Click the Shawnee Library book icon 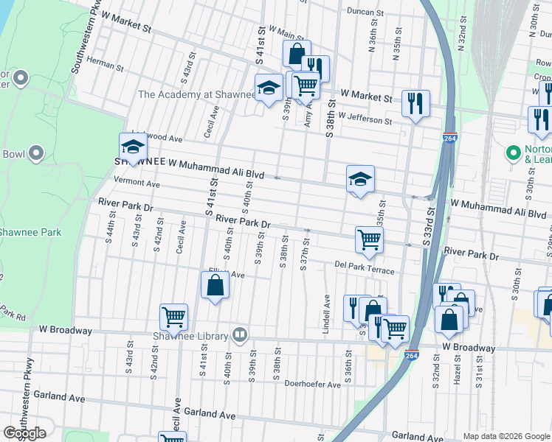coord(239,336)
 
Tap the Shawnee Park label coord(30,233)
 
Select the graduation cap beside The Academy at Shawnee coord(269,88)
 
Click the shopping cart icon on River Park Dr coord(368,238)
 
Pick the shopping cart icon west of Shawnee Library coord(173,317)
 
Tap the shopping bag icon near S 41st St coord(215,285)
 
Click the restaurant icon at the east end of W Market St coord(415,102)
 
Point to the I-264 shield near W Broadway coord(412,355)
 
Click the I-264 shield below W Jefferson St coord(449,138)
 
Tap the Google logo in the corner coord(24,433)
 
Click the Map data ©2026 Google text coord(506,436)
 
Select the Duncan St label coord(366,13)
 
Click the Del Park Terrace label coord(365,267)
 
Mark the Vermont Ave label coord(137,183)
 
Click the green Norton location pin coord(514,152)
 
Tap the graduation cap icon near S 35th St coord(359,179)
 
